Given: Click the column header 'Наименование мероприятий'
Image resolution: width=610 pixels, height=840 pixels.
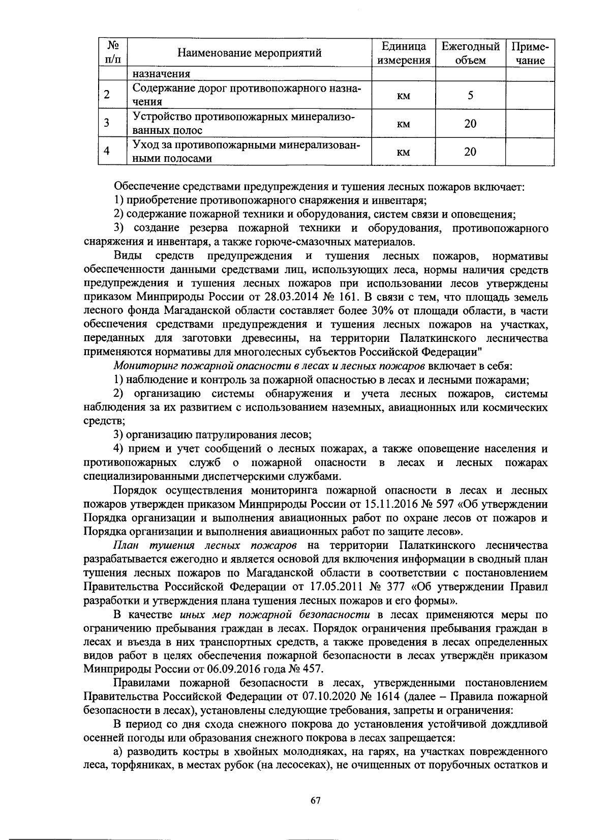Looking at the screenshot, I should coord(250,53).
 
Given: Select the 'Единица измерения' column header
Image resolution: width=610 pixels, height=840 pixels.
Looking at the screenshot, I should coord(403,53).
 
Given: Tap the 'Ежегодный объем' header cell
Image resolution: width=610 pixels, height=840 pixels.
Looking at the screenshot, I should coord(470,53).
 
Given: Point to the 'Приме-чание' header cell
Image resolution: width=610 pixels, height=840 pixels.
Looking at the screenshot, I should coord(530,53).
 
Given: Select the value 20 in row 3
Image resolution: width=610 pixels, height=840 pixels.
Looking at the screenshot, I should coord(470,124).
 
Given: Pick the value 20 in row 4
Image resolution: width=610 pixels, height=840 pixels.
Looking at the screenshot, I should coord(470,152).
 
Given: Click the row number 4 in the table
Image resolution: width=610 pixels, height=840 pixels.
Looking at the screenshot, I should coord(106,151).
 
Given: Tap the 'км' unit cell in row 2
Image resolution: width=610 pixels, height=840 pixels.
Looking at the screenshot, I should coord(403,96).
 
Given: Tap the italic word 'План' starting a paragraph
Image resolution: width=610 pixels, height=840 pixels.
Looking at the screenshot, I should coord(127,545).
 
